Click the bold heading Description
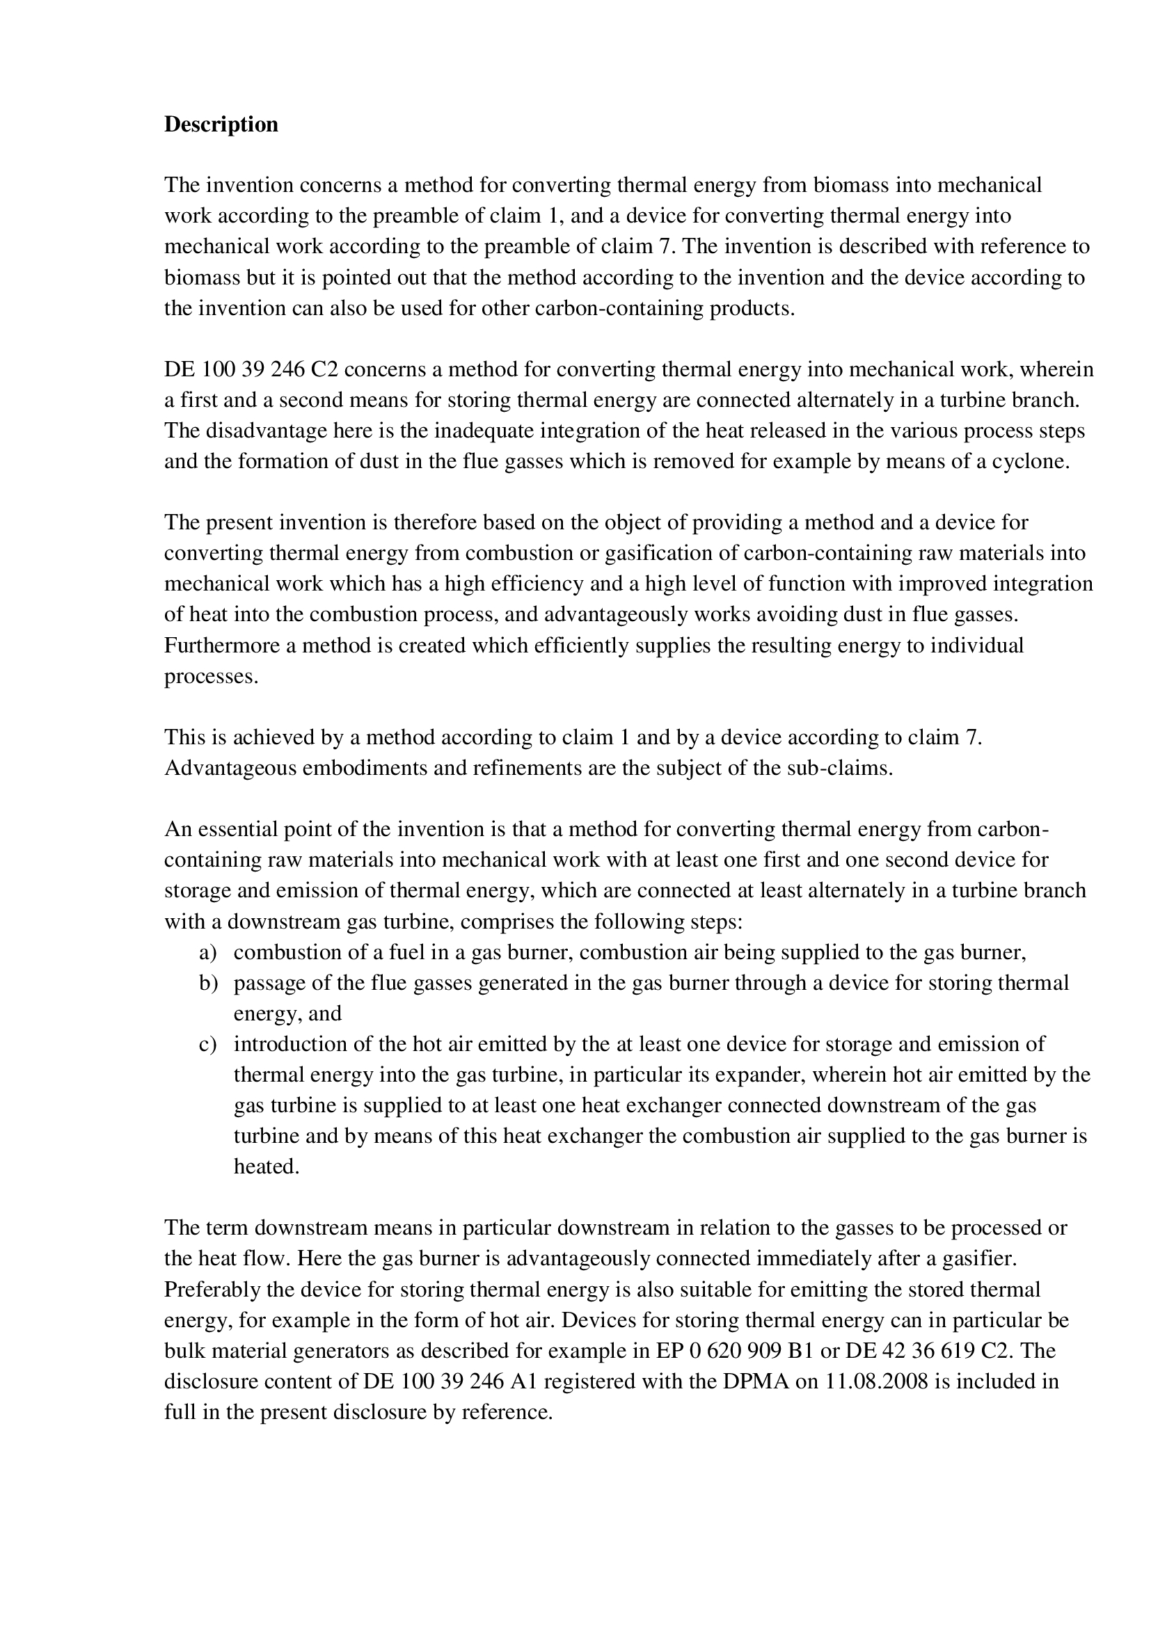(221, 125)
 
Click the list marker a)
(207, 952)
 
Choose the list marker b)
(207, 983)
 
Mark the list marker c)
(207, 1045)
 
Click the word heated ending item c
(266, 1167)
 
